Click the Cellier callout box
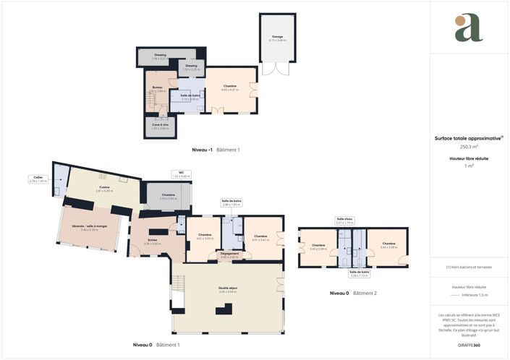[x=38, y=179]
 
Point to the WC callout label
[x=182, y=174]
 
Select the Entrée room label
[x=153, y=241]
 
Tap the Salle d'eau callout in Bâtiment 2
[x=344, y=220]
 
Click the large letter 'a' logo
[x=468, y=28]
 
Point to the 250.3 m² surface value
[x=469, y=146]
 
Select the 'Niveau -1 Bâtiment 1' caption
[x=216, y=150]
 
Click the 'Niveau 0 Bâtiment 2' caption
[x=353, y=293]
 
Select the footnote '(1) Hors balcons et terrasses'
[x=469, y=267]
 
